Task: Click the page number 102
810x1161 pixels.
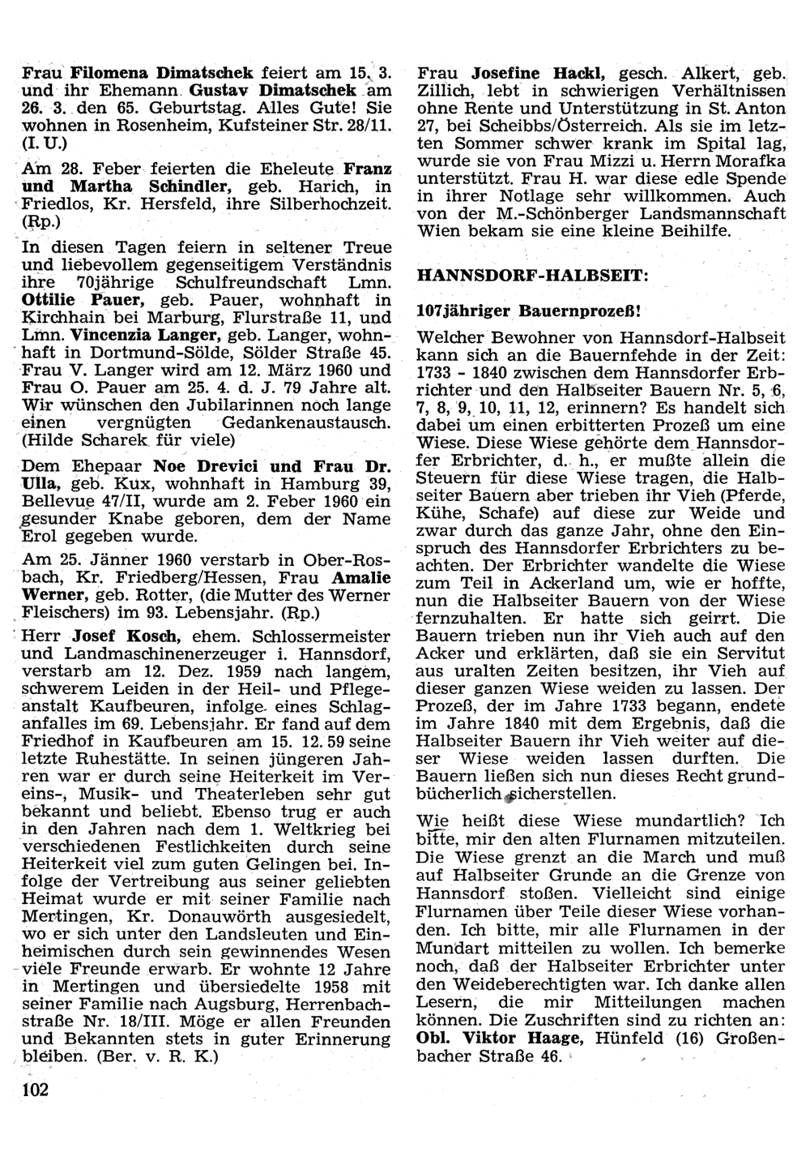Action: click(x=36, y=1089)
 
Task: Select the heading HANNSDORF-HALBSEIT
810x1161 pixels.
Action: click(x=532, y=275)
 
